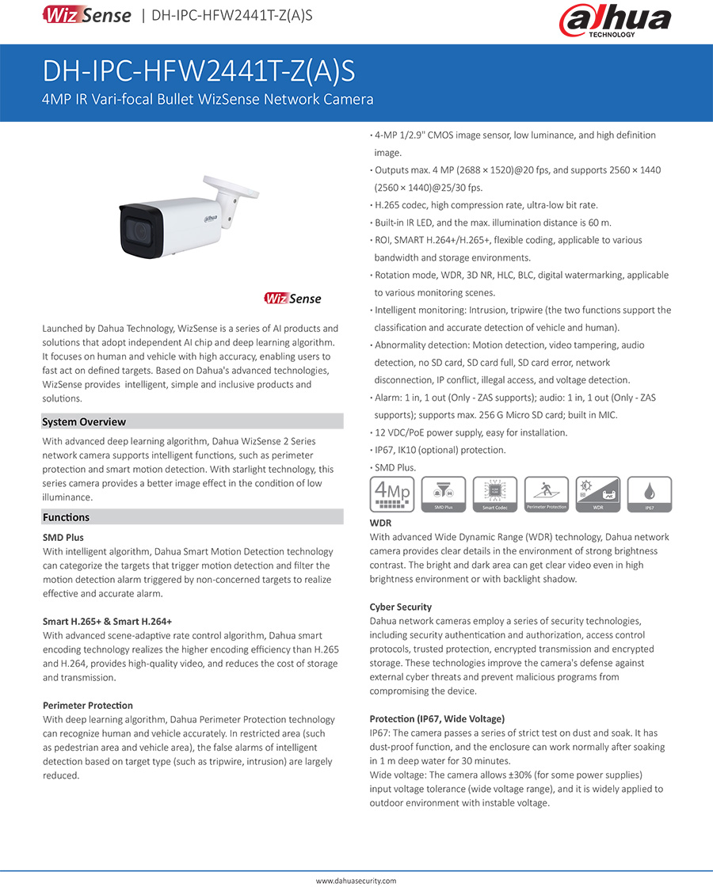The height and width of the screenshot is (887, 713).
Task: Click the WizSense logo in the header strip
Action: [x=87, y=14]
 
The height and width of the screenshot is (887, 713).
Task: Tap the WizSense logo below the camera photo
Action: [x=292, y=299]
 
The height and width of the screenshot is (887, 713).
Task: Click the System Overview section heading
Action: [x=84, y=422]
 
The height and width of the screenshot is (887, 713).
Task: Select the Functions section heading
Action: [x=66, y=517]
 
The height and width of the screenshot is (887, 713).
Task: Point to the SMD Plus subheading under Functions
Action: [x=63, y=537]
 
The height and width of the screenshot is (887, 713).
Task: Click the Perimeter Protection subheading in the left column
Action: [x=88, y=705]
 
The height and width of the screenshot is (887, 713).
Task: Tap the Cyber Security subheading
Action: [x=401, y=607]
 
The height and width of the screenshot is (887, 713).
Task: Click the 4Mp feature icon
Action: [x=391, y=493]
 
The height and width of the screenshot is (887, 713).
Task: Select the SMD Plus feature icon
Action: [x=443, y=493]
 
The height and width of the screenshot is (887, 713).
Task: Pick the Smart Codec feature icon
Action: [x=494, y=493]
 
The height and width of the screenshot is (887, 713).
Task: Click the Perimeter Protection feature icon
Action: [x=547, y=493]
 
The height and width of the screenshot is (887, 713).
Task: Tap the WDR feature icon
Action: [x=598, y=493]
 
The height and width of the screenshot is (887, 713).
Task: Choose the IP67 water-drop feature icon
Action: [x=650, y=493]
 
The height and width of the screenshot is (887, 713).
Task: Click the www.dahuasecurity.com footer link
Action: [x=356, y=880]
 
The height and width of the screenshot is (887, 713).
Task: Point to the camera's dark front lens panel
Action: [x=143, y=230]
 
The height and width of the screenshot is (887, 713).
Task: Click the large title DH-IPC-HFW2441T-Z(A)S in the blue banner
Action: [x=199, y=71]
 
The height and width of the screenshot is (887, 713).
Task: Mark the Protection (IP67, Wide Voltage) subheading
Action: [x=437, y=718]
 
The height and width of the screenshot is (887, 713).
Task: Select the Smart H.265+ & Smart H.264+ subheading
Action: [x=107, y=621]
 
